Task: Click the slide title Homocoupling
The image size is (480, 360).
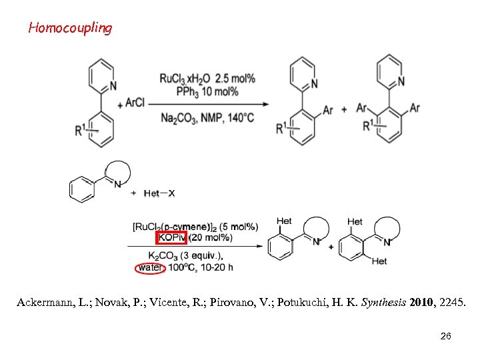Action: tap(70, 28)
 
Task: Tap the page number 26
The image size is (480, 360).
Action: tap(446, 336)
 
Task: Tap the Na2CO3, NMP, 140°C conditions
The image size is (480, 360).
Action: tap(207, 119)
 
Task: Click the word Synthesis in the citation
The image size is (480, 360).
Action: tap(383, 303)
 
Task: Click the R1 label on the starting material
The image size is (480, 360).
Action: tap(79, 129)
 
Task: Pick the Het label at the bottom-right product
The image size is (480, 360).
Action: tap(379, 261)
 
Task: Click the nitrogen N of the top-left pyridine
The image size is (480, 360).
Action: tap(113, 85)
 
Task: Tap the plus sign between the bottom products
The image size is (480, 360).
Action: tap(331, 246)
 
